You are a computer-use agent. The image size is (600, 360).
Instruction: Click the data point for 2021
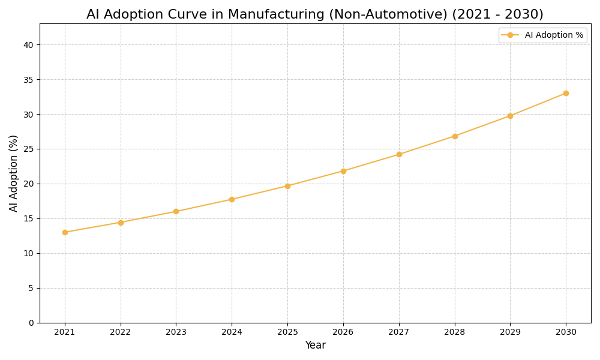tap(65, 232)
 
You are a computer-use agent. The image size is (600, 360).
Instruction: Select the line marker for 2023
tap(176, 211)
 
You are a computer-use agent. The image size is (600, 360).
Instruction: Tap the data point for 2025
tap(287, 186)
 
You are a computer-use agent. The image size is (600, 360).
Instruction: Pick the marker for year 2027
tap(399, 154)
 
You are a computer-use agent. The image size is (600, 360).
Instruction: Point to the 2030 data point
tap(566, 93)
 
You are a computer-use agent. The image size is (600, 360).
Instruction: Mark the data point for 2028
tap(455, 136)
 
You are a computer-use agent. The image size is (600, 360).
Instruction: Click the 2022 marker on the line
tap(121, 223)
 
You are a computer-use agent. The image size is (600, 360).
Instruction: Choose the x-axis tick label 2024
tap(232, 332)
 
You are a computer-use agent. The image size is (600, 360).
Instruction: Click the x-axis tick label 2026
tap(343, 332)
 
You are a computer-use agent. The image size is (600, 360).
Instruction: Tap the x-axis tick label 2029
tap(510, 332)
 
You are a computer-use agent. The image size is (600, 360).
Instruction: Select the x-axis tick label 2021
tap(65, 332)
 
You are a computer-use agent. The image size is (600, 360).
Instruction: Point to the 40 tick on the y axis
tap(28, 45)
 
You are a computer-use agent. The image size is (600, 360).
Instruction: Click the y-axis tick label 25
tap(28, 149)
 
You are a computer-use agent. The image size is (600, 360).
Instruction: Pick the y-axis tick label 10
tap(28, 253)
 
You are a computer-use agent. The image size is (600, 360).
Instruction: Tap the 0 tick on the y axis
tap(31, 323)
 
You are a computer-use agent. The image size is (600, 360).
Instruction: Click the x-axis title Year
tap(315, 346)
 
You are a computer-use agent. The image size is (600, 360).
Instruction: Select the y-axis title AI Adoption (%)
tap(14, 173)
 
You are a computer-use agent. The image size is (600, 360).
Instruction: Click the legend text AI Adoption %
tap(554, 35)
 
